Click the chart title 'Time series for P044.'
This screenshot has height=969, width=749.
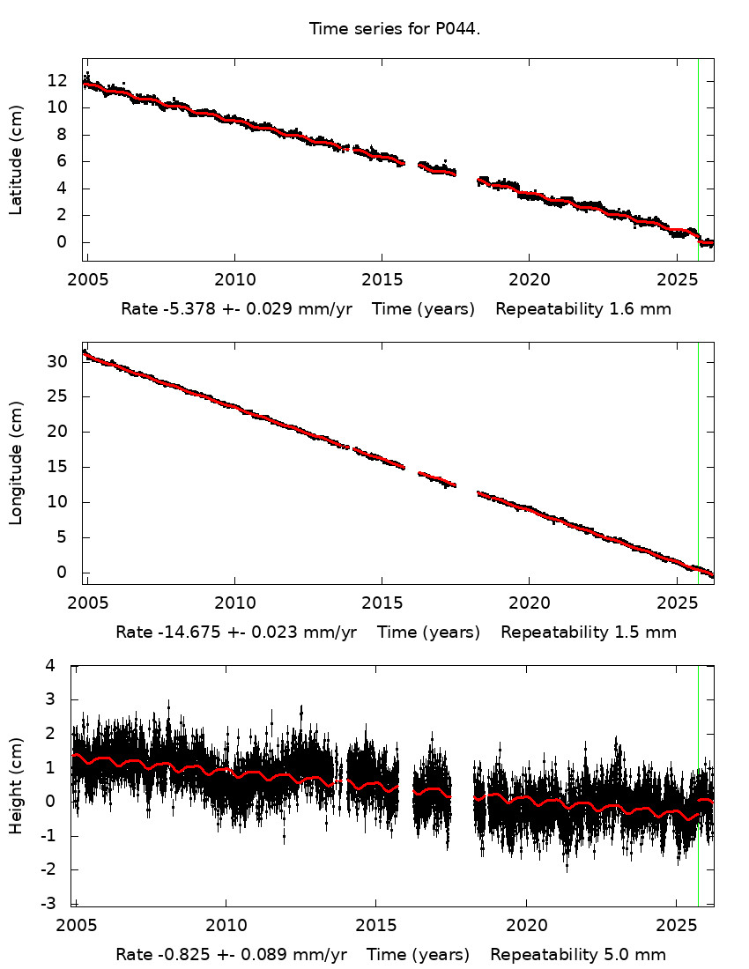394,29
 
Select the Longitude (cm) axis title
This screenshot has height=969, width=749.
16,463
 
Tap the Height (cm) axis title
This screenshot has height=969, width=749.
16,784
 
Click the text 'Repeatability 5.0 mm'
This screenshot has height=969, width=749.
578,955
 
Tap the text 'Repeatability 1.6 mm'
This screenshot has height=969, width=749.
583,309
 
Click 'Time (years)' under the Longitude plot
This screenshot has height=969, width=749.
428,632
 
